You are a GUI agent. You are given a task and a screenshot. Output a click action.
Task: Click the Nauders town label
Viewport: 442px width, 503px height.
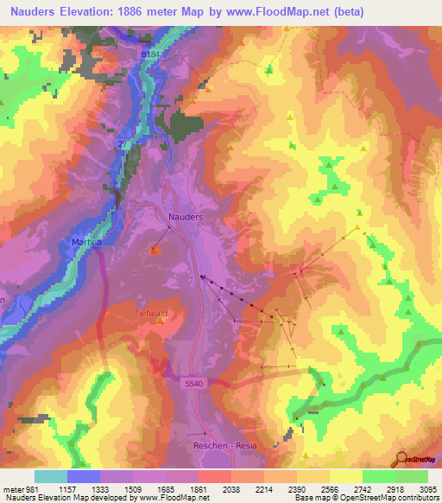(x=186, y=218)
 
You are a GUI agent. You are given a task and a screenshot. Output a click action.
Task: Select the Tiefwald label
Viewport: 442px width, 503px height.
(x=149, y=314)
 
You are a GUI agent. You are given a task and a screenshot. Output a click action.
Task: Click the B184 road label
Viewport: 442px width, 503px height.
(x=152, y=54)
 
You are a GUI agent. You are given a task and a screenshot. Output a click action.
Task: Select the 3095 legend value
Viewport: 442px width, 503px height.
(x=429, y=488)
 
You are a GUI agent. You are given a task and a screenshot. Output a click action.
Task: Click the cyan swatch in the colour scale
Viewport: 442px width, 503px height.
(x=51, y=476)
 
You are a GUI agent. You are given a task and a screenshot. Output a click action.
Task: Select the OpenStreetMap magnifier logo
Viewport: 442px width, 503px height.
(x=401, y=459)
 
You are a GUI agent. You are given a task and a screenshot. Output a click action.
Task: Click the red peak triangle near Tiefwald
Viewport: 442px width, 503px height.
(x=155, y=251)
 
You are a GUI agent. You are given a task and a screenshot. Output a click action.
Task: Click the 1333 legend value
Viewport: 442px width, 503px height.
(x=104, y=488)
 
